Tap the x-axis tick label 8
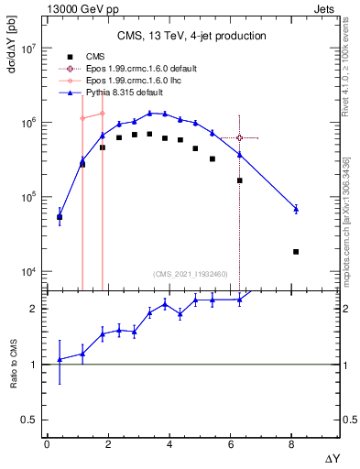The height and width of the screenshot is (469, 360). pos(290,445)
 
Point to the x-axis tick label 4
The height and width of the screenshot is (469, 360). pos(169,445)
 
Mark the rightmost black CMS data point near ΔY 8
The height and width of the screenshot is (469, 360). pos(296,251)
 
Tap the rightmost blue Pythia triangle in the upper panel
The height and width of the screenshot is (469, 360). pos(296,209)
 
